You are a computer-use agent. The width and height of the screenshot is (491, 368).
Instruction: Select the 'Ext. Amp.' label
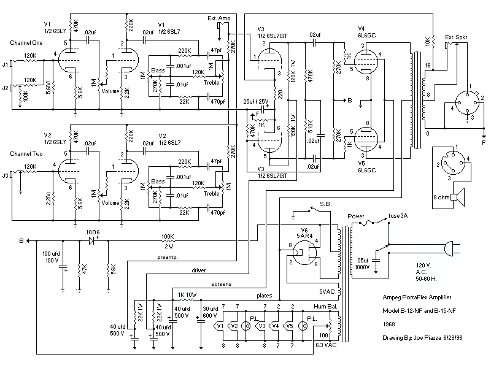pyautogui.click(x=219, y=19)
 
